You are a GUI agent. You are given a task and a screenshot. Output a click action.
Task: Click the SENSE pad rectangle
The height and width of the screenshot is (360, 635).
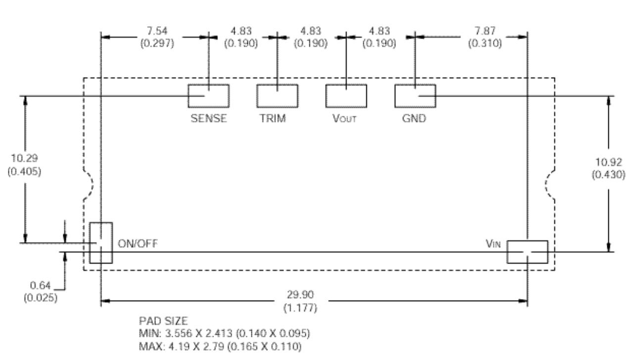[208, 96]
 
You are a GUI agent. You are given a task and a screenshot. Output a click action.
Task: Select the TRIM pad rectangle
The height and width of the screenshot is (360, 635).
[277, 96]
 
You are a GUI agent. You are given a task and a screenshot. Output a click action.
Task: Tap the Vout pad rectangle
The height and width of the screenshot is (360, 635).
[346, 96]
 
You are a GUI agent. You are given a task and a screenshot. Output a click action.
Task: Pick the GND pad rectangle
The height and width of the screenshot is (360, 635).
[415, 96]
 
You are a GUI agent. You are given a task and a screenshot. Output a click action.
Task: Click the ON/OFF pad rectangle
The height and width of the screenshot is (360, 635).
[100, 243]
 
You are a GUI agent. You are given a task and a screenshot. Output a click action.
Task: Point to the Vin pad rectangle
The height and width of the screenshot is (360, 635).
[527, 252]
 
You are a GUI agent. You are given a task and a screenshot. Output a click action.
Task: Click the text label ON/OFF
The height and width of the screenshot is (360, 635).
[138, 244]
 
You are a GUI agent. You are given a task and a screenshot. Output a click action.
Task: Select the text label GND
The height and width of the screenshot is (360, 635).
[415, 119]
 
